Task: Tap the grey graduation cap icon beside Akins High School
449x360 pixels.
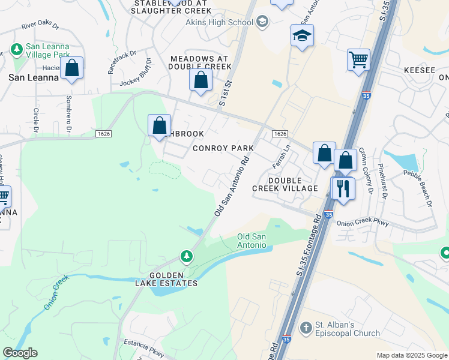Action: click(x=262, y=23)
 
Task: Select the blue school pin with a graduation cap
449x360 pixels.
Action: click(x=302, y=36)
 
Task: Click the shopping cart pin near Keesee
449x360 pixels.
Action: click(x=358, y=60)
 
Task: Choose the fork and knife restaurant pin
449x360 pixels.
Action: click(x=343, y=189)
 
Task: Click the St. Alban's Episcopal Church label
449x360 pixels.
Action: click(x=348, y=329)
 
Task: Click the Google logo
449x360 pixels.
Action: click(x=20, y=353)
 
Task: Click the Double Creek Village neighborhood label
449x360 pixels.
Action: click(x=285, y=184)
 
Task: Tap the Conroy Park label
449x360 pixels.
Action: click(x=223, y=148)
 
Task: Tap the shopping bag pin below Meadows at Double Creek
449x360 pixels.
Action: click(x=200, y=80)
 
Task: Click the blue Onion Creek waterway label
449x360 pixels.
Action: click(x=57, y=292)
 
